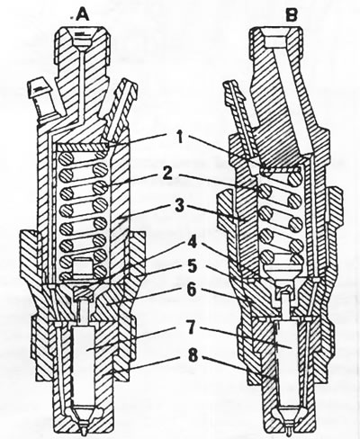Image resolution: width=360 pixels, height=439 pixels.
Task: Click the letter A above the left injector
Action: pyautogui.click(x=83, y=14)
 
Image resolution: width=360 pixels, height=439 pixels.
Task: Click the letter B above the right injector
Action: pyautogui.click(x=291, y=15)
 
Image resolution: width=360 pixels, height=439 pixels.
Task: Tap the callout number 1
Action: pyautogui.click(x=180, y=138)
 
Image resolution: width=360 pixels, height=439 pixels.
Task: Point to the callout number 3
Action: pyautogui.click(x=179, y=206)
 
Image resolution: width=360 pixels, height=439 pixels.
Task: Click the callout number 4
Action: pyautogui.click(x=193, y=242)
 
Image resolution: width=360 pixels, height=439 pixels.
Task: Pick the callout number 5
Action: pyautogui.click(x=192, y=266)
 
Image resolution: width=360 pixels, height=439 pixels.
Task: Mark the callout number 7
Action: pyautogui.click(x=193, y=328)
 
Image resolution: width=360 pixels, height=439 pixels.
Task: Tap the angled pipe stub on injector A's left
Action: pyautogui.click(x=42, y=99)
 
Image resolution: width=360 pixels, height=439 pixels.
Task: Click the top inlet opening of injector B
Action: pyautogui.click(x=276, y=40)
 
